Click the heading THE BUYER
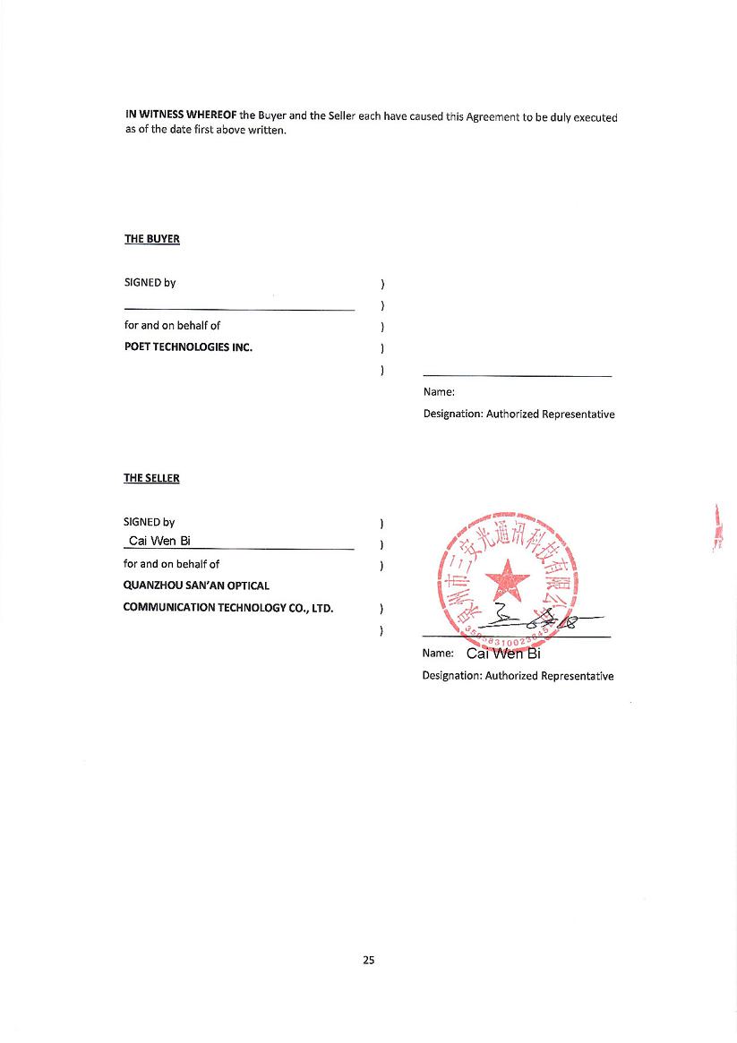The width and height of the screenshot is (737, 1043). pyautogui.click(x=151, y=239)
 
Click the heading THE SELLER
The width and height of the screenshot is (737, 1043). pyautogui.click(x=151, y=478)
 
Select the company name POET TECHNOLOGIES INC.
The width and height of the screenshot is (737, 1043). pyautogui.click(x=188, y=347)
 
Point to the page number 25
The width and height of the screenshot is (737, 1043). pyautogui.click(x=369, y=960)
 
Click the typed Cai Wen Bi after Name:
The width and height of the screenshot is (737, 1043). pyautogui.click(x=503, y=653)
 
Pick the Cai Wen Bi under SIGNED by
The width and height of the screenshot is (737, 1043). pyautogui.click(x=159, y=541)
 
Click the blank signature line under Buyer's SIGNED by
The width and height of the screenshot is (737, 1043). pyautogui.click(x=239, y=310)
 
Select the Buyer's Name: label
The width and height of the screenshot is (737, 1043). pyautogui.click(x=439, y=391)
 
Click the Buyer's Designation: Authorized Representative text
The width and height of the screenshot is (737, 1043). pyautogui.click(x=518, y=415)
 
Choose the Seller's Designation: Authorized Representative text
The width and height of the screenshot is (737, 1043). pyautogui.click(x=518, y=676)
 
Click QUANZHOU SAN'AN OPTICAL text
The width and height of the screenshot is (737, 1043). pyautogui.click(x=196, y=586)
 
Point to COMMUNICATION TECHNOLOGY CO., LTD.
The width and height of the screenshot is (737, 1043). pyautogui.click(x=227, y=608)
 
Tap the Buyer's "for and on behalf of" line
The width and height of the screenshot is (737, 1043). pyautogui.click(x=172, y=325)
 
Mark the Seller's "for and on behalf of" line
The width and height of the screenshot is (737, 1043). pyautogui.click(x=171, y=564)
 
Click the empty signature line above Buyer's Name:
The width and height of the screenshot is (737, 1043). pyautogui.click(x=517, y=376)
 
